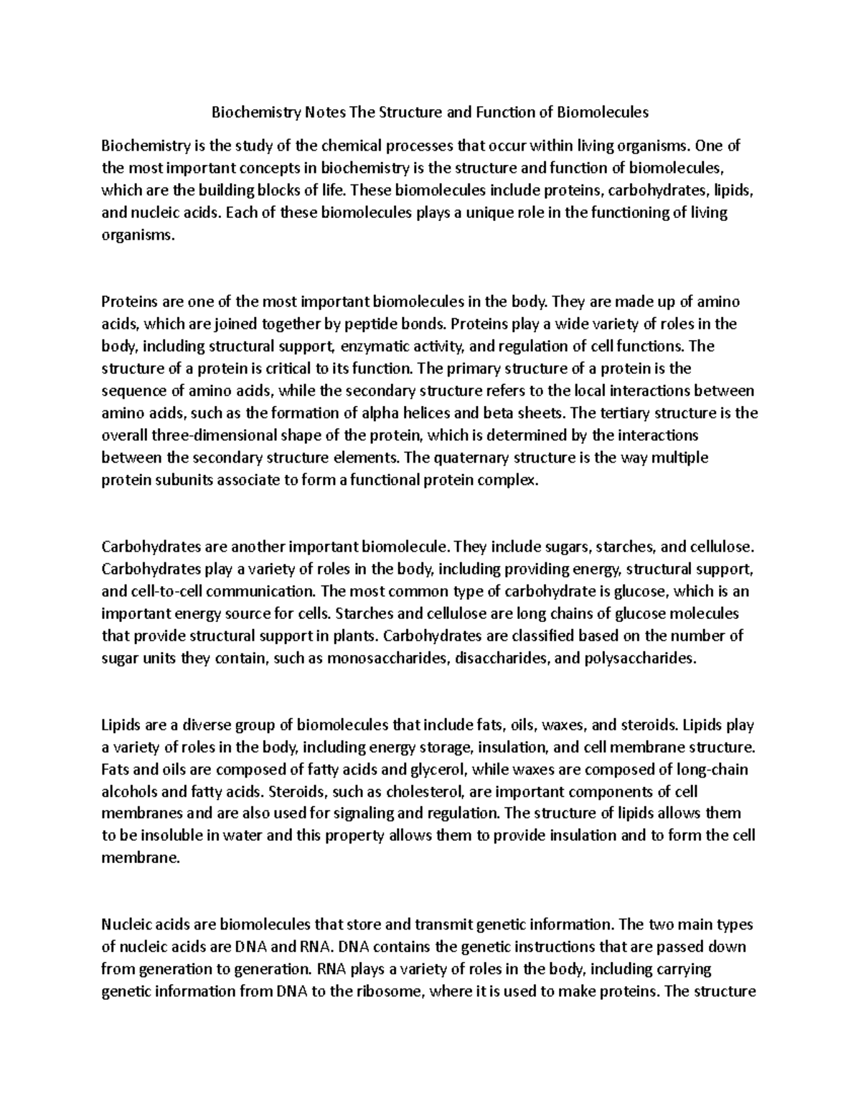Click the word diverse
[x=197, y=724]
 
